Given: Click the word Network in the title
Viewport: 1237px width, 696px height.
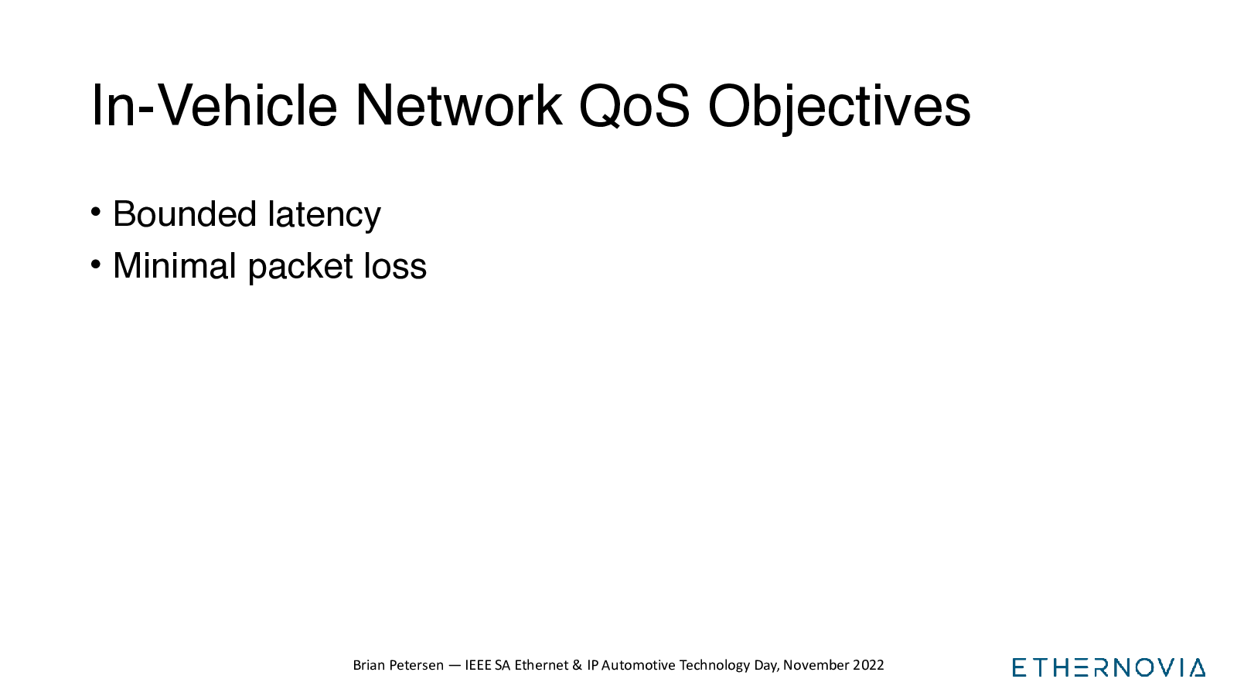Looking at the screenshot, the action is point(458,105).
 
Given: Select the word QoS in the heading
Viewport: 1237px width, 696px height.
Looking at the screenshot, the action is point(634,105).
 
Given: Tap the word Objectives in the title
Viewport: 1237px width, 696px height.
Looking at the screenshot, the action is point(839,107).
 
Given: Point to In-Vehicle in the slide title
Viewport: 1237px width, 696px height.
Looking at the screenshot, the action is point(213,105).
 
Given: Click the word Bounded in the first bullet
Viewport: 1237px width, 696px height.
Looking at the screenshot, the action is point(185,213).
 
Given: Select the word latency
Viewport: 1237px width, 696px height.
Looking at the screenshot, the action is point(324,216).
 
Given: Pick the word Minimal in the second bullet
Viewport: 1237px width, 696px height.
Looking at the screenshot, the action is point(175,266).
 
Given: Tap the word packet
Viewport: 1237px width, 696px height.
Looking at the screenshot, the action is point(301,268).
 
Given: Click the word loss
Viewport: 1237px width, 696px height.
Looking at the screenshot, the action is point(395,266).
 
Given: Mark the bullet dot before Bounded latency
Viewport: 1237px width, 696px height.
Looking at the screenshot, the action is point(96,212).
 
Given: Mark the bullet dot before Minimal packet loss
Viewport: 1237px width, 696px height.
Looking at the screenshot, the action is point(96,264).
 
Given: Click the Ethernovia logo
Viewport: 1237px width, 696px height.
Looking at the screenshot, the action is point(1109,667).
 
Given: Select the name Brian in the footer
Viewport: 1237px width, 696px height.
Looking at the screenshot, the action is point(369,665).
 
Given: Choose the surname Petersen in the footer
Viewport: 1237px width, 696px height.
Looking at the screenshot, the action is point(417,665).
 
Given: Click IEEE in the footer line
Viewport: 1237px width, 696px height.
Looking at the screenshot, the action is point(479,665).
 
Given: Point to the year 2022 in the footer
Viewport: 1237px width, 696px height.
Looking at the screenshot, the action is point(868,665).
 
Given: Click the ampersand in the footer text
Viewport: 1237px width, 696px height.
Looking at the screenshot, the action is point(577,665).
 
